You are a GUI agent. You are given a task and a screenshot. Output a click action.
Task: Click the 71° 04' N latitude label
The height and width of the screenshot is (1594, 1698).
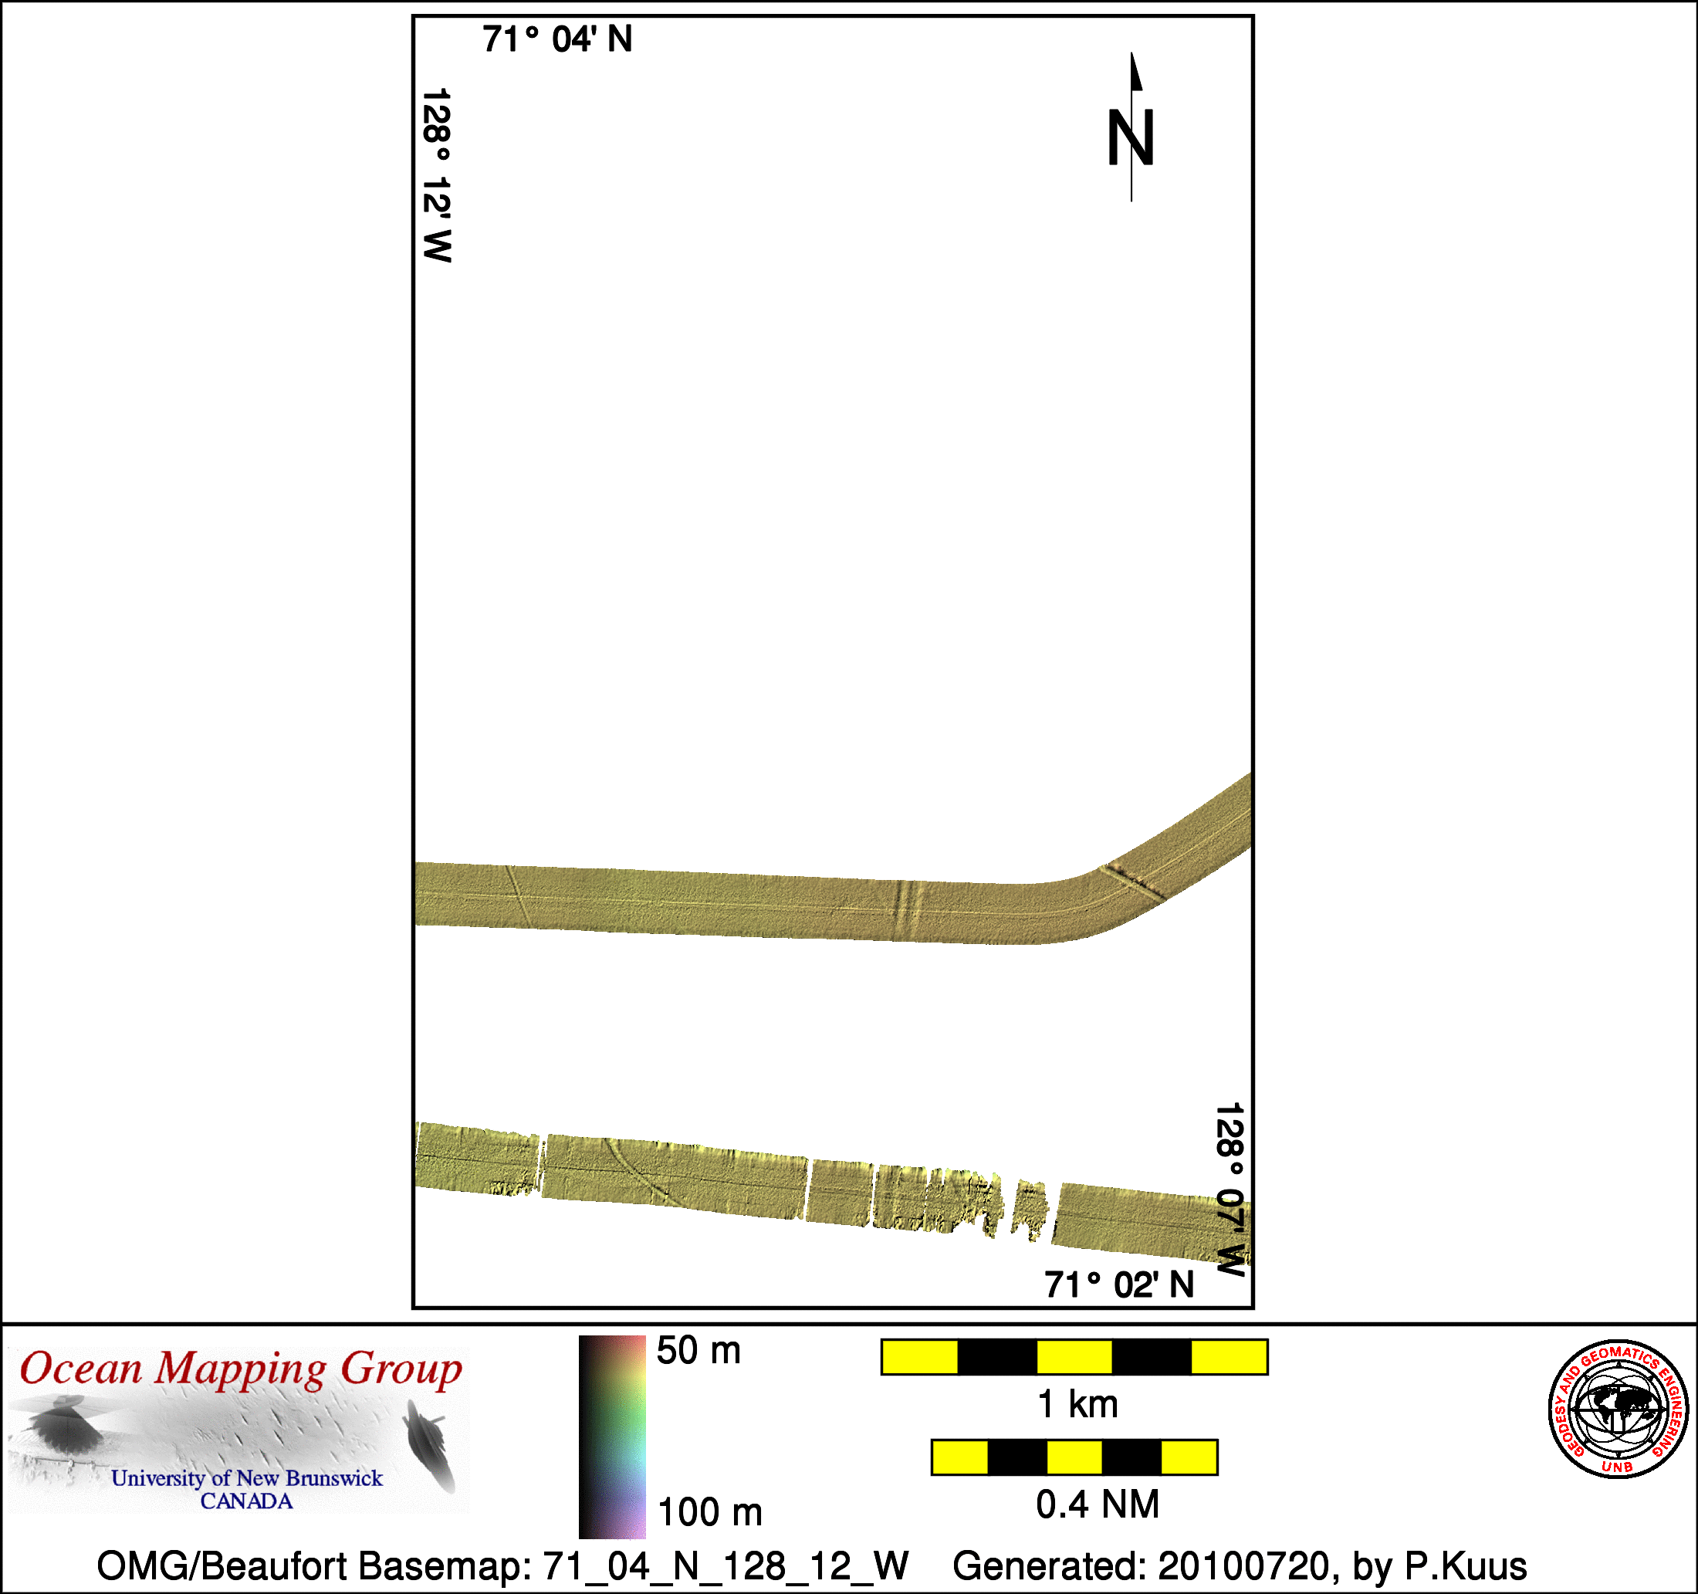coord(557,39)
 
